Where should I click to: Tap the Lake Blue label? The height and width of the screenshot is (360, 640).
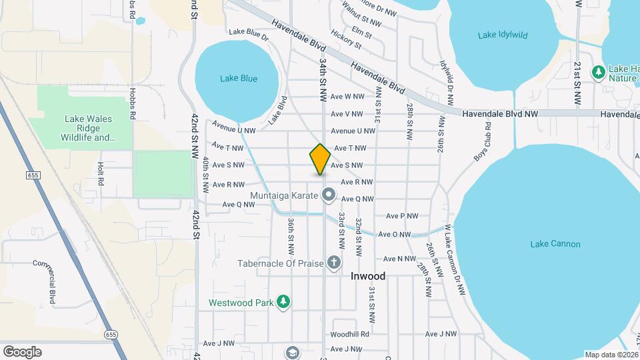(239, 79)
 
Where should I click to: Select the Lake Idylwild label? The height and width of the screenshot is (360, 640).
(501, 35)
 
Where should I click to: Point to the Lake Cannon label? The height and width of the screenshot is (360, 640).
(555, 244)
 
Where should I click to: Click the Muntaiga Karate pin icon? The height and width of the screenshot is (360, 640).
(329, 195)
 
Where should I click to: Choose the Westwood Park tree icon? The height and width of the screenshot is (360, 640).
(284, 302)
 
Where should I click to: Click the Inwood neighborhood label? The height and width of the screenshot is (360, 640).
(368, 275)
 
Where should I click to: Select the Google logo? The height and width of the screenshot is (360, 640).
(22, 352)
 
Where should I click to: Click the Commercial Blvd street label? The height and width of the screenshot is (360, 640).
(52, 281)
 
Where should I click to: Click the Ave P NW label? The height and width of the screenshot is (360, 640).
(402, 216)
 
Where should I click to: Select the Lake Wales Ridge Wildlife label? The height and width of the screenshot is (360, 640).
(88, 129)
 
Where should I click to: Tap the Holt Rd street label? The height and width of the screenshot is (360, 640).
(101, 173)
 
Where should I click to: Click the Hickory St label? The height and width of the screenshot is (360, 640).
(346, 41)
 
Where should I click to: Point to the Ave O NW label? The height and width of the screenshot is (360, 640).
(395, 234)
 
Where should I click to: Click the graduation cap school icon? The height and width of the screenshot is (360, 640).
(292, 351)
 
